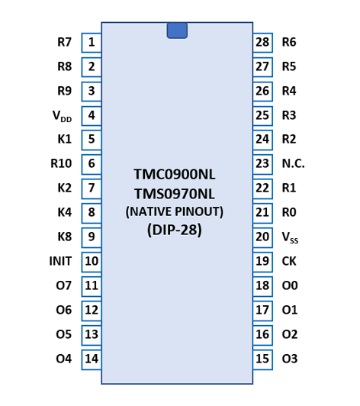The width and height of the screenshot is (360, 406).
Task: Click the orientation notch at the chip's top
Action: tap(177, 31)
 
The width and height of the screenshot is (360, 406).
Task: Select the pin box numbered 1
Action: tap(92, 43)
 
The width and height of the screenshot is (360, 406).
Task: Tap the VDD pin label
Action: tap(62, 116)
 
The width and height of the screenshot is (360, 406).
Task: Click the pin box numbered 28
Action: tap(262, 43)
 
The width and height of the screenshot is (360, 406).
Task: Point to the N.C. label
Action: tap(293, 163)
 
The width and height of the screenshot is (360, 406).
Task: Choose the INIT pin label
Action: tap(60, 261)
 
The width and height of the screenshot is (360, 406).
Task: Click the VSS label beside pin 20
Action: tap(290, 237)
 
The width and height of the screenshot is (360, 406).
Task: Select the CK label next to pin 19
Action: tap(289, 261)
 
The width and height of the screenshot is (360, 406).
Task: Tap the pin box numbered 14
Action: tap(92, 359)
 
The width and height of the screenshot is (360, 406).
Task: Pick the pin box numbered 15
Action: tap(262, 359)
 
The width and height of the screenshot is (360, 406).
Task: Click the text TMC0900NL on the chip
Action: tap(175, 174)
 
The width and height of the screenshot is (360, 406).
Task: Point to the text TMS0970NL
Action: tap(175, 194)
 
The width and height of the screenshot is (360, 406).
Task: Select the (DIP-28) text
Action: tap(175, 230)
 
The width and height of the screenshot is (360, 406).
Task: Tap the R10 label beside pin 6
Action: tap(61, 163)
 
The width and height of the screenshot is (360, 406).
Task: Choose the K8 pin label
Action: tap(64, 237)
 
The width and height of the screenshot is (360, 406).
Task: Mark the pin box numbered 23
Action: tap(262, 164)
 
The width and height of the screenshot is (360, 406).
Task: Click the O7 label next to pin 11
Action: tap(63, 285)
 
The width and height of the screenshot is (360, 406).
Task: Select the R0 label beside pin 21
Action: tap(289, 212)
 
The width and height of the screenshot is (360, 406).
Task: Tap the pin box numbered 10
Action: tap(92, 262)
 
